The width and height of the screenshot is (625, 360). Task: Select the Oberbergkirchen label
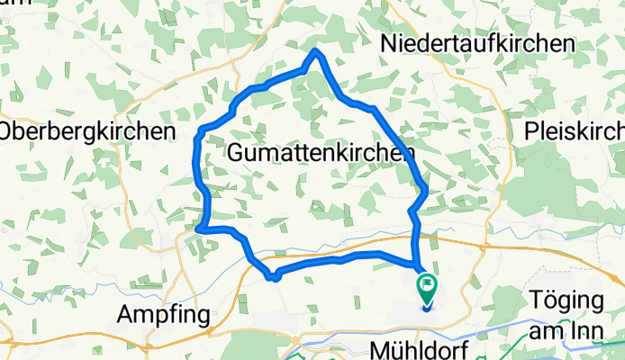click(x=86, y=131)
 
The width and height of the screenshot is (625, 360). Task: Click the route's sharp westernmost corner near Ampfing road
click(x=199, y=229)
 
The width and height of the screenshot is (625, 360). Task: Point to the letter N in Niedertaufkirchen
click(x=388, y=42)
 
